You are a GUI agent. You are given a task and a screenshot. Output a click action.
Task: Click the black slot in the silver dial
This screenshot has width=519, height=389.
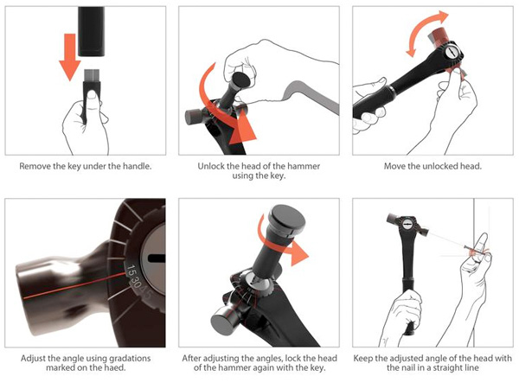(x=154, y=258)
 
